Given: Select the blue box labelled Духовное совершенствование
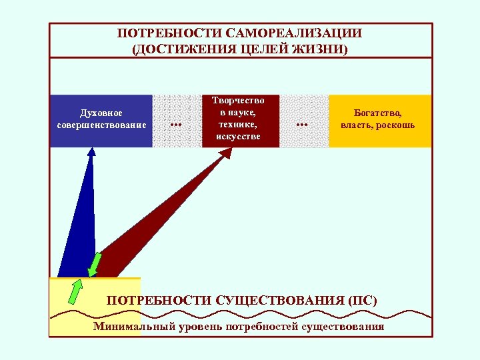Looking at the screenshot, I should [101, 120].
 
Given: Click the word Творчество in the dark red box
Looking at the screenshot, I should [238, 101].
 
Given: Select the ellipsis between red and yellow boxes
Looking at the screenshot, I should [302, 124].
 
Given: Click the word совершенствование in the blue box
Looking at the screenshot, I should [101, 125].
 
